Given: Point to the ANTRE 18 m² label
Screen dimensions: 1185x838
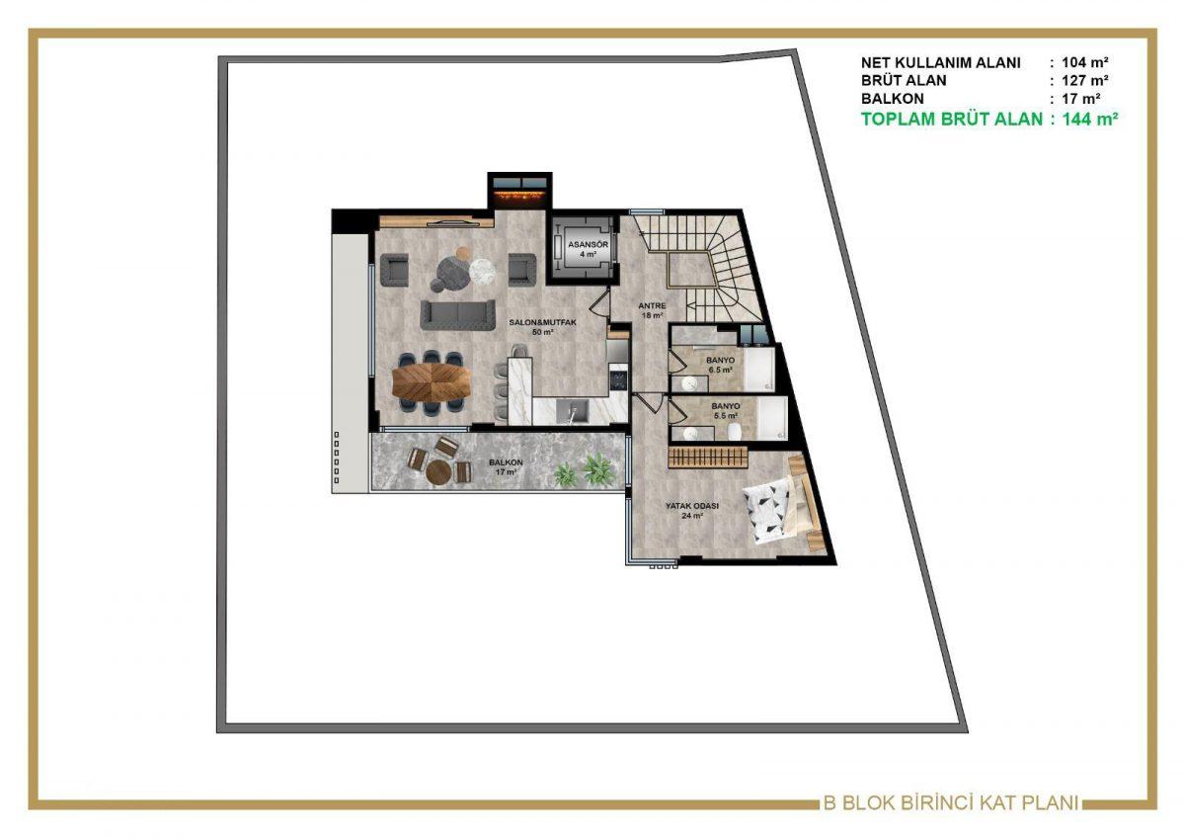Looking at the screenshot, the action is (652, 310).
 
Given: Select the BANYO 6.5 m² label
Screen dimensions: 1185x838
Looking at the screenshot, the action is (720, 365).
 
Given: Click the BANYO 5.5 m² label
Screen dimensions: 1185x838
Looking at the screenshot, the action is (727, 411).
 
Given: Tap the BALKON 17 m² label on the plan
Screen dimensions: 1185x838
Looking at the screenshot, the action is (506, 466).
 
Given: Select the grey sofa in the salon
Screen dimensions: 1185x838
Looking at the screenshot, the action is (457, 314).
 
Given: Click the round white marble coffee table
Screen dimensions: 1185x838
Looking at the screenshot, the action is (482, 271).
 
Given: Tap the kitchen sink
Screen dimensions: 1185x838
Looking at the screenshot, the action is (573, 412).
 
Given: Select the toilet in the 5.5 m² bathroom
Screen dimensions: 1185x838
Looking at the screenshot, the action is (733, 432).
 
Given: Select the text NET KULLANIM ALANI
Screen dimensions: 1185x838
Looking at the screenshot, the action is (940, 62).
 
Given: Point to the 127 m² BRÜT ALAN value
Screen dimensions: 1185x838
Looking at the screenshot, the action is (1084, 80).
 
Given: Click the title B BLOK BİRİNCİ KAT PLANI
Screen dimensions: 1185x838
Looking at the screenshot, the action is (951, 803).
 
